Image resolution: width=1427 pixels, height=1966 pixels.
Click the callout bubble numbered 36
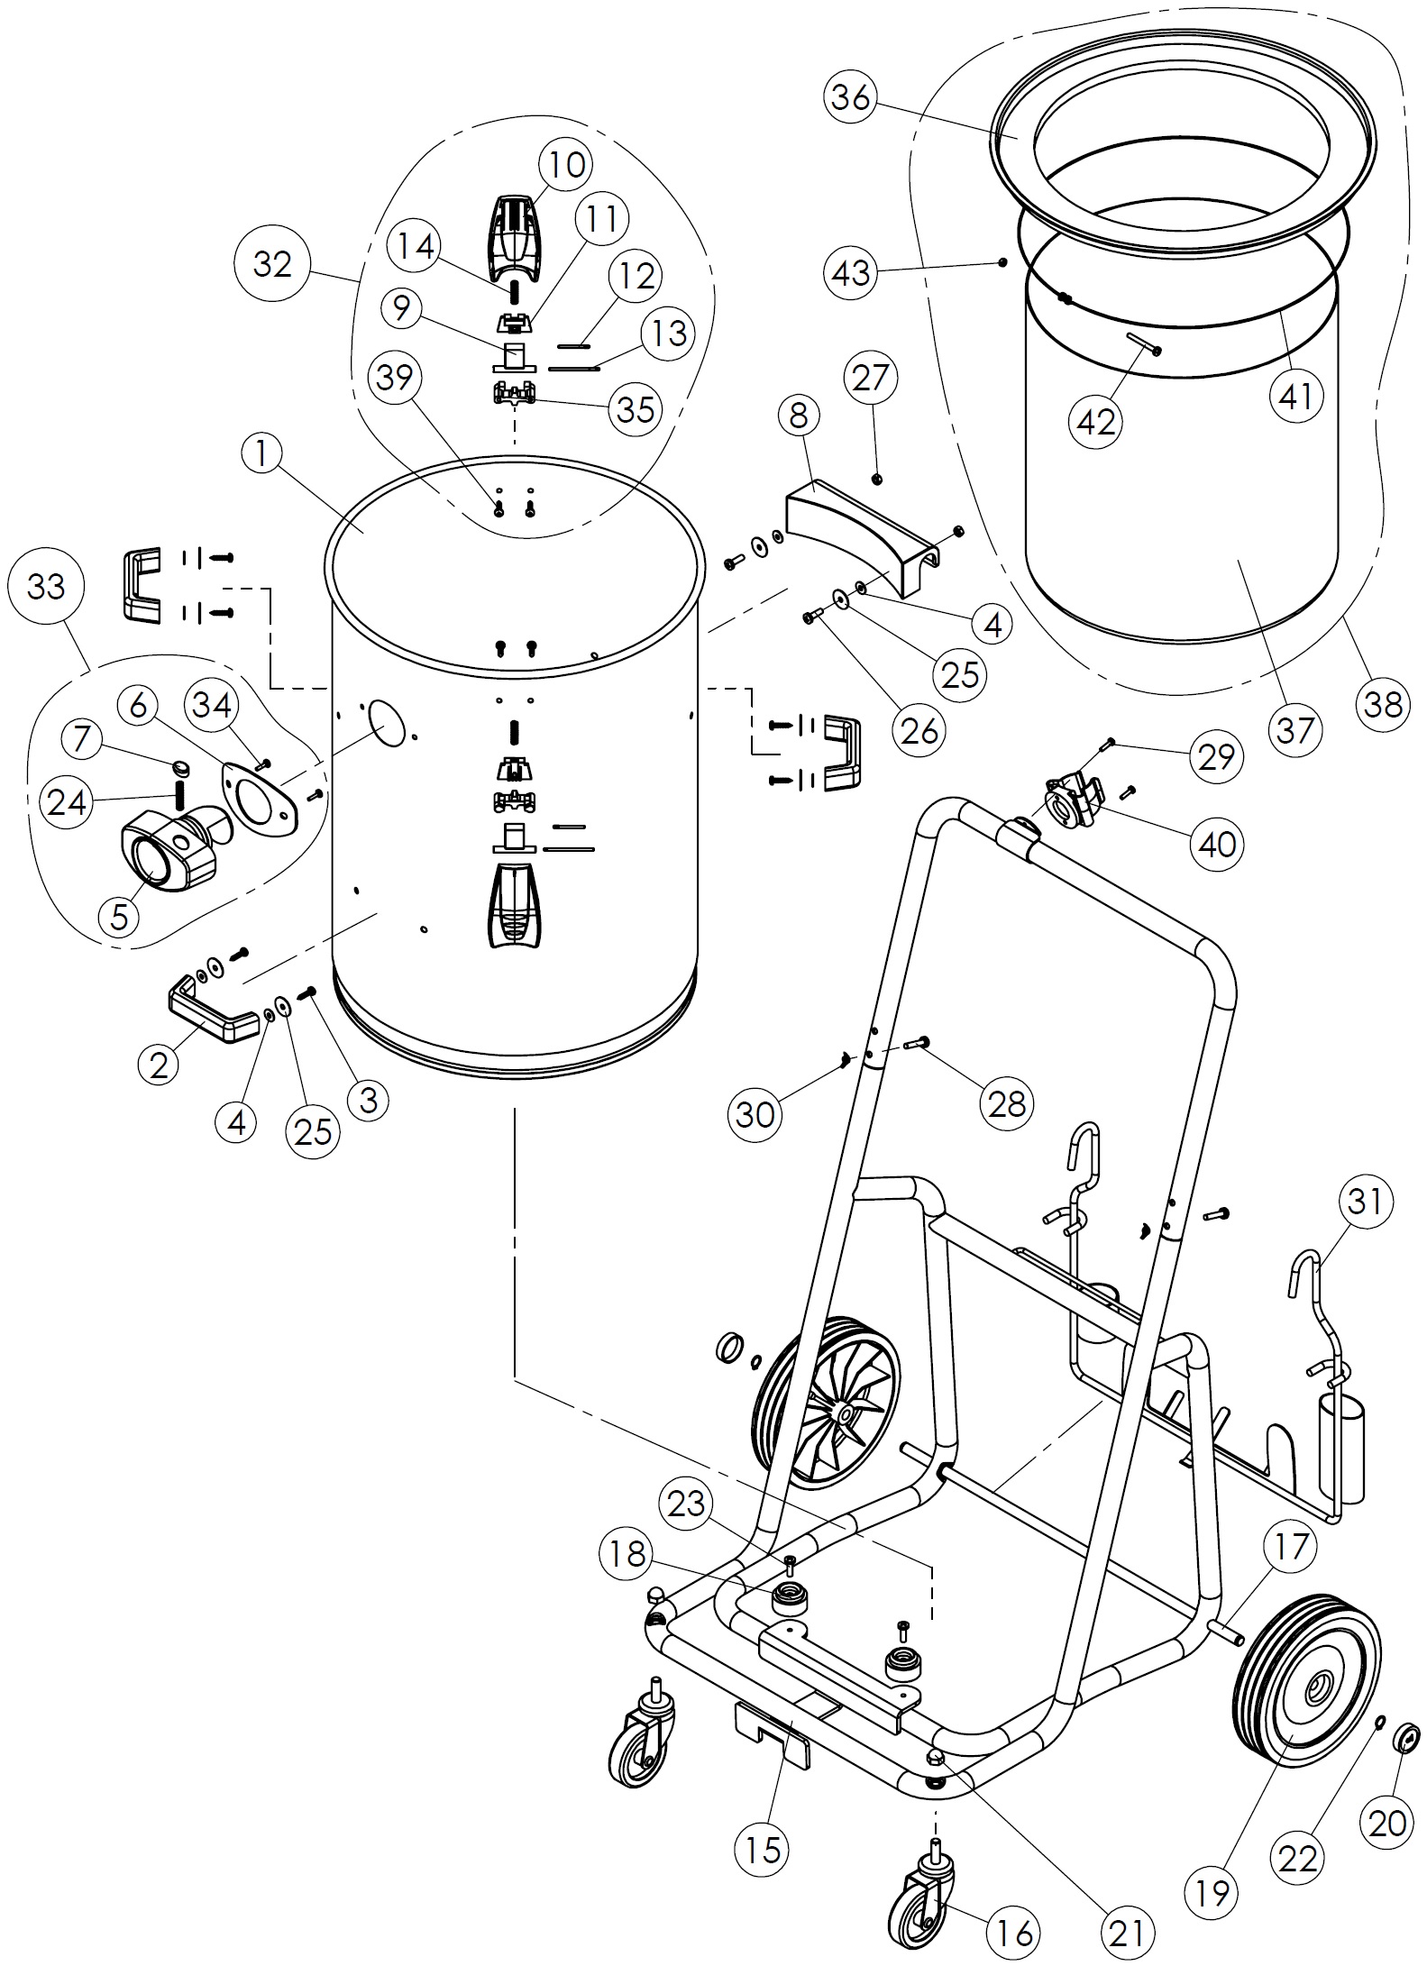coord(850,97)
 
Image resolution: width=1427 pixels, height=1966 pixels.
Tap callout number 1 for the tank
coord(262,454)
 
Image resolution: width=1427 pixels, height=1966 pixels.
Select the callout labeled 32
coord(272,264)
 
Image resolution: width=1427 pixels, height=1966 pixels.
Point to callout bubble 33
coord(46,587)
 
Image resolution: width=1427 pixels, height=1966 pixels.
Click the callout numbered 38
coord(1383,703)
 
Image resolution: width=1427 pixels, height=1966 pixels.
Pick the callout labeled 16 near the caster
coord(1014,1931)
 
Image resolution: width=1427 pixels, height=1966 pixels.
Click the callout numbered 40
coord(1216,844)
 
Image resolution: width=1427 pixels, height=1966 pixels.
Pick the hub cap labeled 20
coord(1406,1736)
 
